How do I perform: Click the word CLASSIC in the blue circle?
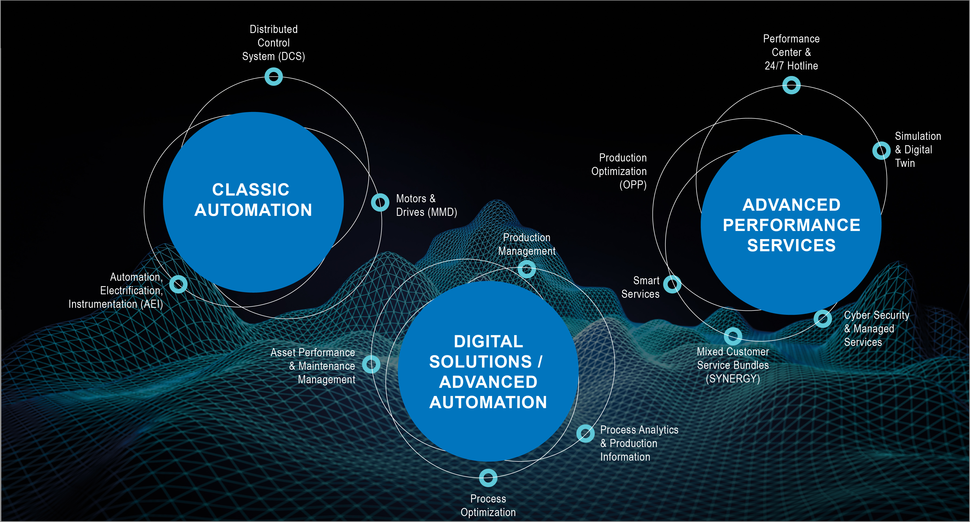[x=251, y=189]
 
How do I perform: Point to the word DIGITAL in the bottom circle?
[x=489, y=341]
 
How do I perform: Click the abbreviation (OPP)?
[x=633, y=185]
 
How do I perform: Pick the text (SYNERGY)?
[x=733, y=379]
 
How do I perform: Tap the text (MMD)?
[x=442, y=212]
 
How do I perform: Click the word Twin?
[x=905, y=163]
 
